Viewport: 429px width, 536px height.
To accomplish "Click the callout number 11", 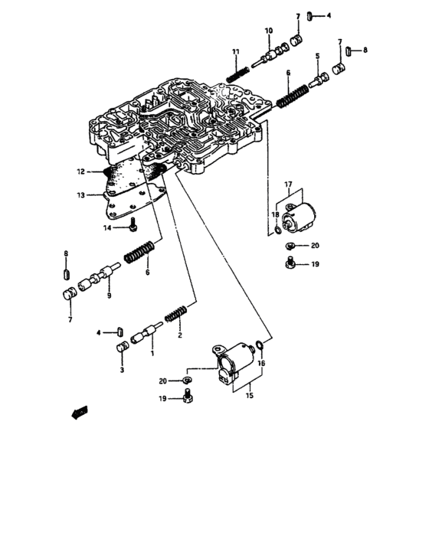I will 237,52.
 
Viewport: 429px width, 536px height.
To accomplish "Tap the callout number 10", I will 268,31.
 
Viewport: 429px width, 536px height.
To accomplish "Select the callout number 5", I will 316,57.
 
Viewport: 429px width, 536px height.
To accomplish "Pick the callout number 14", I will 108,227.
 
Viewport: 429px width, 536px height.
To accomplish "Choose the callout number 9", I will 109,296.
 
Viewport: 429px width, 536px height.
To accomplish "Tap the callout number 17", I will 289,185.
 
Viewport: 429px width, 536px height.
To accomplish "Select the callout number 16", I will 260,363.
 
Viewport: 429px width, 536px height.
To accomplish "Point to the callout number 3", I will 120,369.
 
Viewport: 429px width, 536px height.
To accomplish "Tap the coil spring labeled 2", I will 175,312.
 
